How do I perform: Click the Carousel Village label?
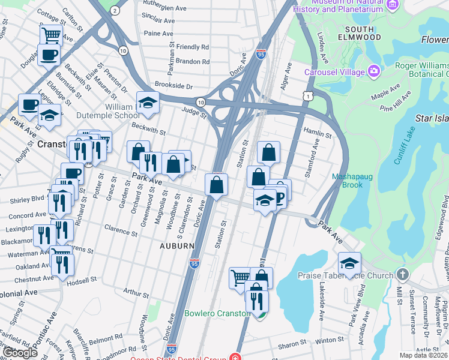[x=335, y=72]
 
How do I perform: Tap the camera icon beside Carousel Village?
[x=374, y=72]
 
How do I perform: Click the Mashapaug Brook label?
[x=348, y=181]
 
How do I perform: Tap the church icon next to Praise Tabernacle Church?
[x=402, y=275]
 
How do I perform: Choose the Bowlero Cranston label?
[x=217, y=313]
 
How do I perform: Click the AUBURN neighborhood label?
[x=176, y=246]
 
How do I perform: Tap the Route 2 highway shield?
[x=114, y=10]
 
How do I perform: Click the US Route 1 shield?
[x=308, y=96]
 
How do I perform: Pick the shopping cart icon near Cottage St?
[x=51, y=35]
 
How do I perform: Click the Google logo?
[x=20, y=353]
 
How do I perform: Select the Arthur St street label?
[x=136, y=293]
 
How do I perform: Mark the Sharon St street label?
[x=292, y=344]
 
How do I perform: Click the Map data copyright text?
[x=424, y=355]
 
